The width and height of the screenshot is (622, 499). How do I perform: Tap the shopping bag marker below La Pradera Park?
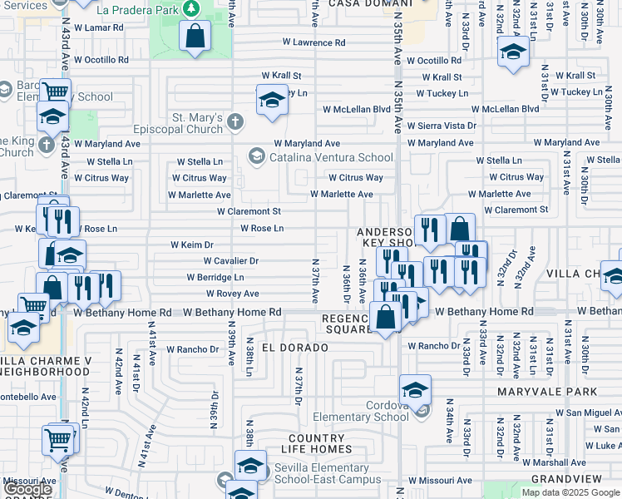[x=195, y=37]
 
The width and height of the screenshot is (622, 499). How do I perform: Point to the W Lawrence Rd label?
[x=313, y=42]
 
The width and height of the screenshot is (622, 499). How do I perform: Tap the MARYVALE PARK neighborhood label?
[x=547, y=392]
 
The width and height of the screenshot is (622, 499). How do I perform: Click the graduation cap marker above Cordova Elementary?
[x=415, y=388]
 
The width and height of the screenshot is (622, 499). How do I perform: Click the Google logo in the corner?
[x=27, y=488]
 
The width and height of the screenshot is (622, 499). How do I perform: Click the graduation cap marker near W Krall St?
[x=271, y=100]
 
